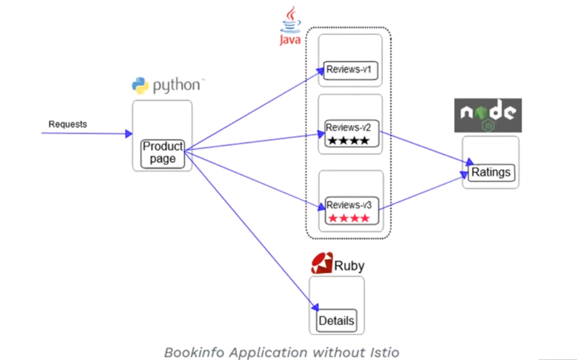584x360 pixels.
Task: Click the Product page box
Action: pyautogui.click(x=163, y=153)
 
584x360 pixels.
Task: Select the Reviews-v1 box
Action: pyautogui.click(x=350, y=71)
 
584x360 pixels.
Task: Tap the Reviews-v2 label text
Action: pyautogui.click(x=348, y=128)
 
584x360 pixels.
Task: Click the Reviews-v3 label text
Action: pyautogui.click(x=349, y=205)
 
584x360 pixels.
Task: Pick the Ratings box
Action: pyautogui.click(x=491, y=173)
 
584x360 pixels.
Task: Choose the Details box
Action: pyautogui.click(x=337, y=321)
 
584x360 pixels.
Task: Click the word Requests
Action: pyautogui.click(x=68, y=124)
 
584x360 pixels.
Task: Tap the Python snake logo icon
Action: pyautogui.click(x=140, y=85)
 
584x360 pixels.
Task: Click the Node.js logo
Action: pyautogui.click(x=488, y=115)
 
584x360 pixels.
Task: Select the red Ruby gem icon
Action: pyautogui.click(x=322, y=263)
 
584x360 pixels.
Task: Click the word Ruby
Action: pyautogui.click(x=349, y=266)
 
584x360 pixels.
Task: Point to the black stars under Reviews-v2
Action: pyautogui.click(x=348, y=141)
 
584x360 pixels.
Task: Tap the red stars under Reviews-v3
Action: pyautogui.click(x=349, y=218)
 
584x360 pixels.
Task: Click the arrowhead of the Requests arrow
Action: pyautogui.click(x=129, y=133)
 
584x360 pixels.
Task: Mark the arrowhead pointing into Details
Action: pyautogui.click(x=315, y=307)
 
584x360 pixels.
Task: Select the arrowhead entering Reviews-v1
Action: pyautogui.click(x=320, y=71)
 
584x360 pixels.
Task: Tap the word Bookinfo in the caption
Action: pyautogui.click(x=194, y=353)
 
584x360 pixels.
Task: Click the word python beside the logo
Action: pyautogui.click(x=176, y=85)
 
